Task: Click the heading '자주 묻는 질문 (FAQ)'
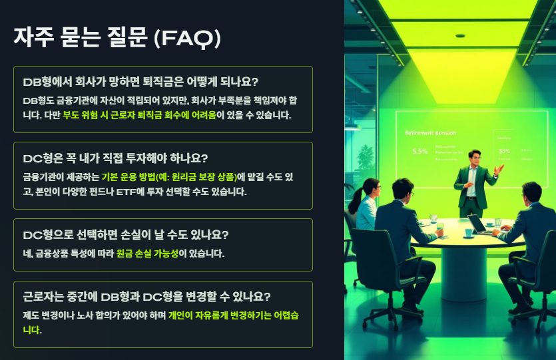(x=117, y=37)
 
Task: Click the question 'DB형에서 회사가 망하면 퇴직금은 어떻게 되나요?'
(x=140, y=82)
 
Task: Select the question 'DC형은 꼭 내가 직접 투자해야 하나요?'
(x=115, y=158)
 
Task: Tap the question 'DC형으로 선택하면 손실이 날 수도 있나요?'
(x=126, y=235)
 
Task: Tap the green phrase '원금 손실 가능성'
(x=146, y=254)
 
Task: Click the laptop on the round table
(x=478, y=224)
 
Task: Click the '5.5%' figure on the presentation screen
(x=419, y=151)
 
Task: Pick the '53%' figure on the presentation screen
(x=504, y=151)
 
